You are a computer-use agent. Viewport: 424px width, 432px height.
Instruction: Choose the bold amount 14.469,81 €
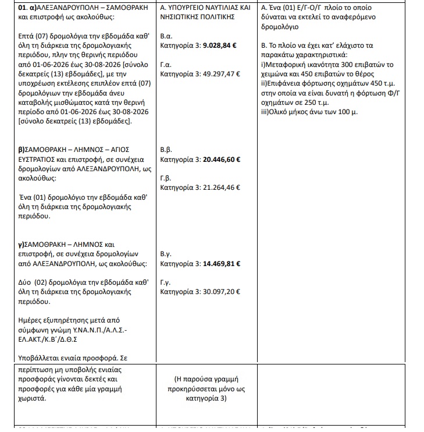pyautogui.click(x=221, y=263)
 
